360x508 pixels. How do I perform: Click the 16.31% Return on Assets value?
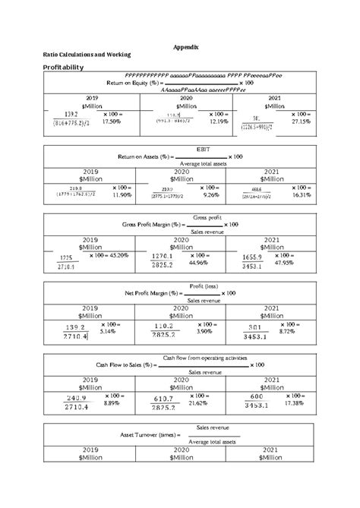[302, 194]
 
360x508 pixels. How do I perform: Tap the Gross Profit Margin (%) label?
[153, 226]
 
